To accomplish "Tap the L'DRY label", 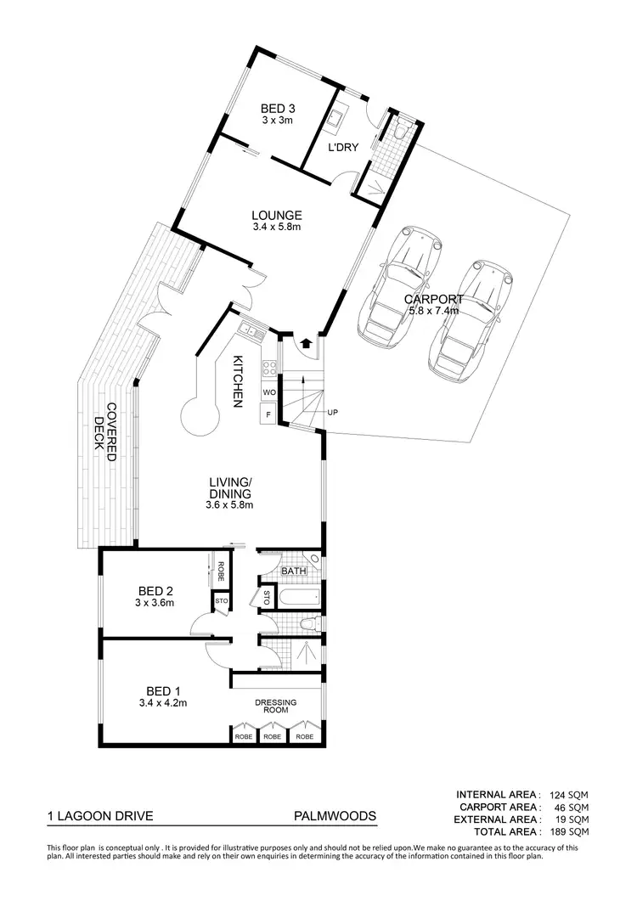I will tap(344, 147).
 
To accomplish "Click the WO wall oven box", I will tap(269, 392).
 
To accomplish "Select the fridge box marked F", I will tap(269, 414).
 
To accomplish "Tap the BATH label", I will tap(294, 572).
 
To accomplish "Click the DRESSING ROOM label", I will tap(276, 708).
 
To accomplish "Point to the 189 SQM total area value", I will tap(569, 832).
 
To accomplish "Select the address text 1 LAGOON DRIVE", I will tap(100, 816).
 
